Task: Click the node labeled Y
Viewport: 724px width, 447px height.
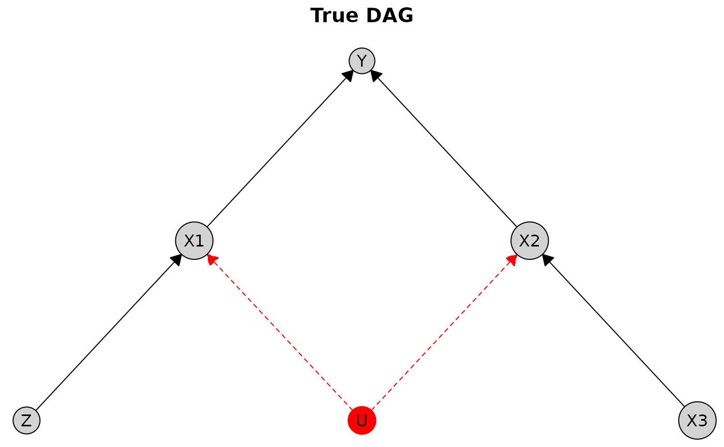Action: (x=361, y=61)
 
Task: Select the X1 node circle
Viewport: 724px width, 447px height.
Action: (x=194, y=241)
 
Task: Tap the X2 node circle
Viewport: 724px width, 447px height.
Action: (x=530, y=241)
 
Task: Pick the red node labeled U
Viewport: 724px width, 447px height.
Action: (x=361, y=421)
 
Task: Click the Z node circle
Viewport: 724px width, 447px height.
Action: (x=26, y=421)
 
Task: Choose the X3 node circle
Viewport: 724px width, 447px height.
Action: (x=697, y=421)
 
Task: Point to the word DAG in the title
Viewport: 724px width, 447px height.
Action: (x=389, y=15)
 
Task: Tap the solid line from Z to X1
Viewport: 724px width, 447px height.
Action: (x=109, y=332)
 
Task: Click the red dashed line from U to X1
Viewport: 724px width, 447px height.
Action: (x=280, y=333)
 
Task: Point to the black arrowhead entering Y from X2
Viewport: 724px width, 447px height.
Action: (x=376, y=76)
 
